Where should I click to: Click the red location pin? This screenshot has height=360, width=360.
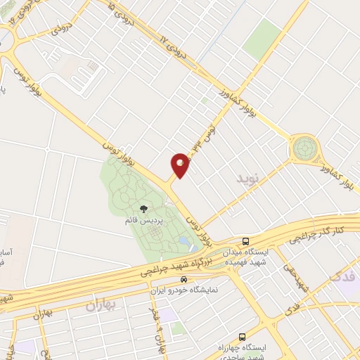pyautogui.click(x=180, y=164)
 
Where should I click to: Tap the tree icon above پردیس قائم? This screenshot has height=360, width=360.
pyautogui.click(x=144, y=209)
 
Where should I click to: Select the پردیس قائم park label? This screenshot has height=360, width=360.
pyautogui.click(x=144, y=220)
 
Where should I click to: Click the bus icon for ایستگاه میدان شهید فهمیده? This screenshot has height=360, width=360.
pyautogui.click(x=245, y=240)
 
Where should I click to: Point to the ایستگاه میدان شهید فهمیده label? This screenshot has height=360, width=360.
pyautogui.click(x=245, y=255)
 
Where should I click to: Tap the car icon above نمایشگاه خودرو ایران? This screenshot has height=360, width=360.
pyautogui.click(x=184, y=279)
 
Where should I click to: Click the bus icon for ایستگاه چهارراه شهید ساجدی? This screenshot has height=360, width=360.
pyautogui.click(x=243, y=337)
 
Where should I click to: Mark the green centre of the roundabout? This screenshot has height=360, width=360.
pyautogui.click(x=304, y=148)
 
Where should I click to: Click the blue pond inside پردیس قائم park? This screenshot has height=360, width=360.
pyautogui.click(x=184, y=241)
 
